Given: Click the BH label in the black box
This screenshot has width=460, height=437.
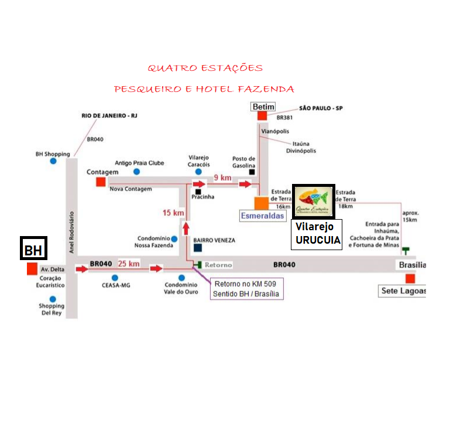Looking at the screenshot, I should tap(33, 250).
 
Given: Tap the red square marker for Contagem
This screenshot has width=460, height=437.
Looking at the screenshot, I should tap(101, 182).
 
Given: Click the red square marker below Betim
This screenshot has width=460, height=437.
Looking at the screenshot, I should tap(262, 115).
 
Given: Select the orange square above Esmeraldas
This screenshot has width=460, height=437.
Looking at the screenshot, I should tap(261, 203).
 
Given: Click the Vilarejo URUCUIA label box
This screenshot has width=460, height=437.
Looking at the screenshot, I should tap(317, 234).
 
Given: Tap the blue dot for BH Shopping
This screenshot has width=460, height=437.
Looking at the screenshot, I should tap(53, 161).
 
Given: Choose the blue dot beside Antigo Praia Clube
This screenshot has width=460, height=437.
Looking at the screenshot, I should tap(137, 172).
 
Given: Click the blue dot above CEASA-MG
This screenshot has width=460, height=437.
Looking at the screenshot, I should tap(115, 278).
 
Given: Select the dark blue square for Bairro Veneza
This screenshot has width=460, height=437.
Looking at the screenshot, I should tap(198, 248).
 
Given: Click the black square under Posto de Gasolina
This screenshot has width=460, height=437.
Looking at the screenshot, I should tap(252, 172).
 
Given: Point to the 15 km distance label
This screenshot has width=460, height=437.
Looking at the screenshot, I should tap(174, 213).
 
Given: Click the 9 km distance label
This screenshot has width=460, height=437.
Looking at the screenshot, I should tap(222, 177).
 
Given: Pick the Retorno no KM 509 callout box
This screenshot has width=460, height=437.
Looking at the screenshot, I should tap(246, 288).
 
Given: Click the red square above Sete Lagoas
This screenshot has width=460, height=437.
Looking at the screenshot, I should tap(410, 278).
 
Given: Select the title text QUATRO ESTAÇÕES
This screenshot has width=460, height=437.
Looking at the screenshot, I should tap(205, 69).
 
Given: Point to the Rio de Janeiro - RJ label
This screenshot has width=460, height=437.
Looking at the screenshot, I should tap(109, 116).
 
